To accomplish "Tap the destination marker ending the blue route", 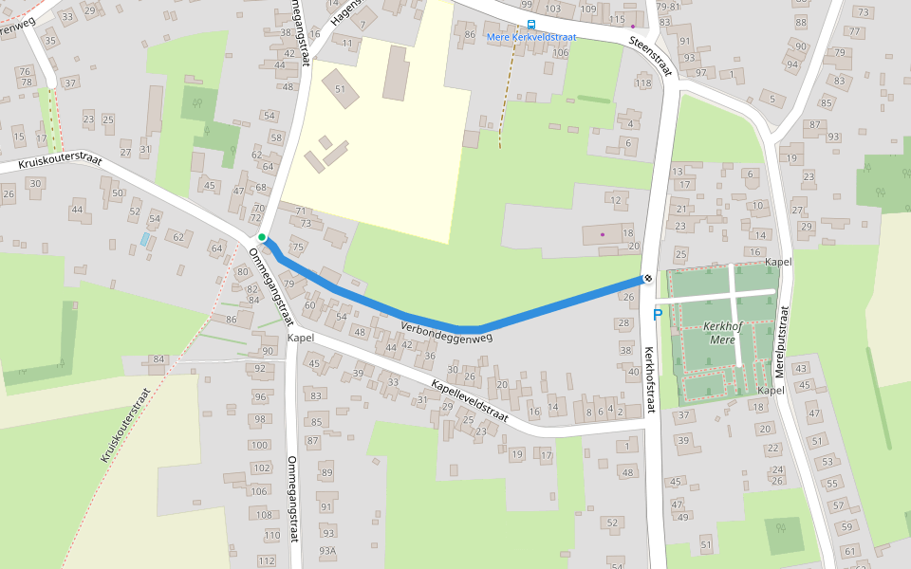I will pyautogui.click(x=646, y=279).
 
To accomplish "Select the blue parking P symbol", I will pyautogui.click(x=657, y=315).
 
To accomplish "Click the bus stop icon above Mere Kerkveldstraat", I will pyautogui.click(x=530, y=26).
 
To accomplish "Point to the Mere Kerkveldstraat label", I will pyautogui.click(x=530, y=37).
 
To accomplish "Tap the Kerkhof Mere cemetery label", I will pyautogui.click(x=722, y=332).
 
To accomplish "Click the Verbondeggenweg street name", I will pyautogui.click(x=447, y=331).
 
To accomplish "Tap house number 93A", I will pyautogui.click(x=327, y=550).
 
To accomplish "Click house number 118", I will pyautogui.click(x=643, y=83).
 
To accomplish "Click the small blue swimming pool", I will pyautogui.click(x=144, y=239).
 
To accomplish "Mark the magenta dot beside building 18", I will pyautogui.click(x=603, y=233).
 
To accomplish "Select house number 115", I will pyautogui.click(x=618, y=20).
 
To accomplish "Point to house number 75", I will pyautogui.click(x=298, y=248).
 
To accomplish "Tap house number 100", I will pyautogui.click(x=259, y=445).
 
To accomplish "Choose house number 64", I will pyautogui.click(x=217, y=249).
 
